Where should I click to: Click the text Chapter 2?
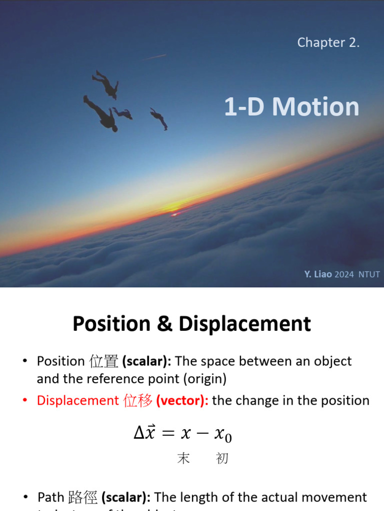pyautogui.click(x=328, y=43)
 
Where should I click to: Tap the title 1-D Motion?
pyautogui.click(x=291, y=107)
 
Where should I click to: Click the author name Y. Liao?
pyautogui.click(x=317, y=274)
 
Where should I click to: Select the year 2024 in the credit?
pyautogui.click(x=344, y=274)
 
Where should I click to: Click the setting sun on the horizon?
pyautogui.click(x=175, y=213)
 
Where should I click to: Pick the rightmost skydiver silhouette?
pyautogui.click(x=159, y=119)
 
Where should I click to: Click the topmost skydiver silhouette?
pyautogui.click(x=106, y=84)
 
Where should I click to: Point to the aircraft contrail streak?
pyautogui.click(x=154, y=57)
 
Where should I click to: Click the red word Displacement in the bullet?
pyautogui.click(x=77, y=401)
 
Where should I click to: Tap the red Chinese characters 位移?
pyautogui.click(x=137, y=401)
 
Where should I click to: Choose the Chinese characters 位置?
pyautogui.click(x=103, y=361)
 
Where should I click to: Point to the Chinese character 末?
pyautogui.click(x=183, y=459)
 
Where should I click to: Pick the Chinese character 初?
pyautogui.click(x=222, y=459)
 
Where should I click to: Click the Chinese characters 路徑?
pyautogui.click(x=82, y=498)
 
